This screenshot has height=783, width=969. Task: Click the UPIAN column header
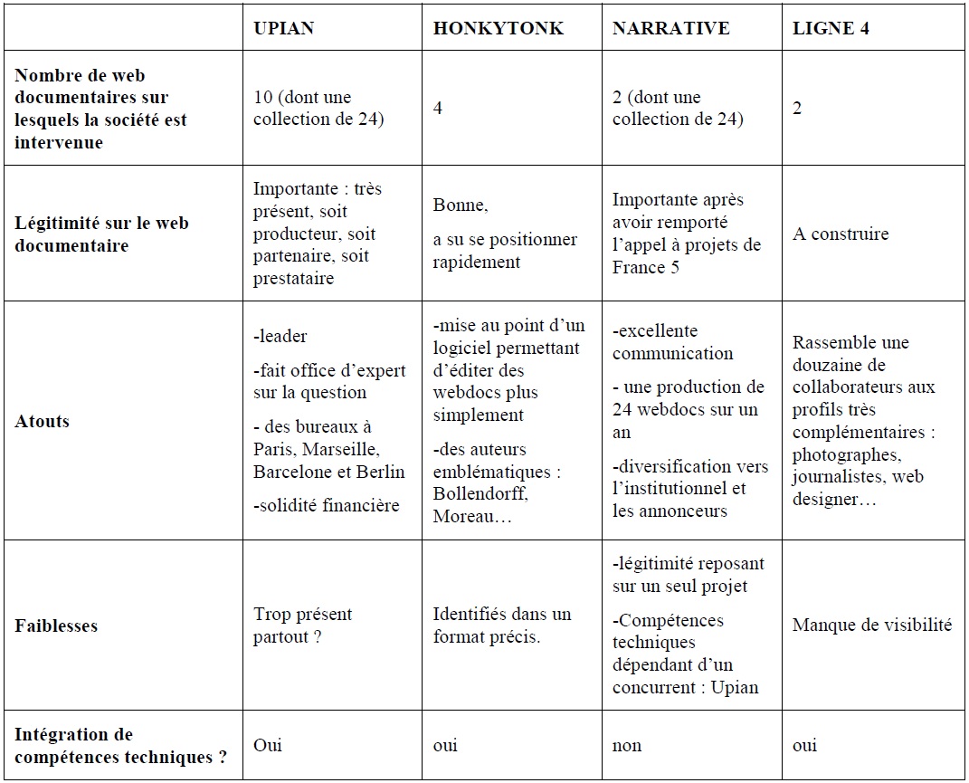(x=283, y=28)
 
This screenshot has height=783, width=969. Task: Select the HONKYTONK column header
(x=498, y=28)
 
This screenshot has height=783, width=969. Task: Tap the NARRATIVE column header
(x=670, y=28)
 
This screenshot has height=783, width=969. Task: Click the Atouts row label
(x=43, y=421)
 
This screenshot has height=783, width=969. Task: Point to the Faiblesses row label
(x=56, y=625)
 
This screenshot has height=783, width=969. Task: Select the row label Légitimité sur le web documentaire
(x=101, y=234)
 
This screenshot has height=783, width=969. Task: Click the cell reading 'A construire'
(x=841, y=234)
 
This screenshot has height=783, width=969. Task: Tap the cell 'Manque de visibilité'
(x=872, y=625)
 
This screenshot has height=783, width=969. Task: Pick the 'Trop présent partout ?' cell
(x=302, y=625)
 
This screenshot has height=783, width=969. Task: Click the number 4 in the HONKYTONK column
(x=438, y=108)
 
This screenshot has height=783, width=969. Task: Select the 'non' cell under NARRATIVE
(x=627, y=745)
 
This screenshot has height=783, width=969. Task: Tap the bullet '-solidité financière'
(x=326, y=505)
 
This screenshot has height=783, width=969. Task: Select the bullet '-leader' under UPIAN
(x=280, y=336)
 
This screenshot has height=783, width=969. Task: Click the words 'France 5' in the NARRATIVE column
(x=646, y=267)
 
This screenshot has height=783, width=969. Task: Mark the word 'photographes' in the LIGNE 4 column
(x=846, y=454)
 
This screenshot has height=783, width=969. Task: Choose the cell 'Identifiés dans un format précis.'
(x=501, y=625)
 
